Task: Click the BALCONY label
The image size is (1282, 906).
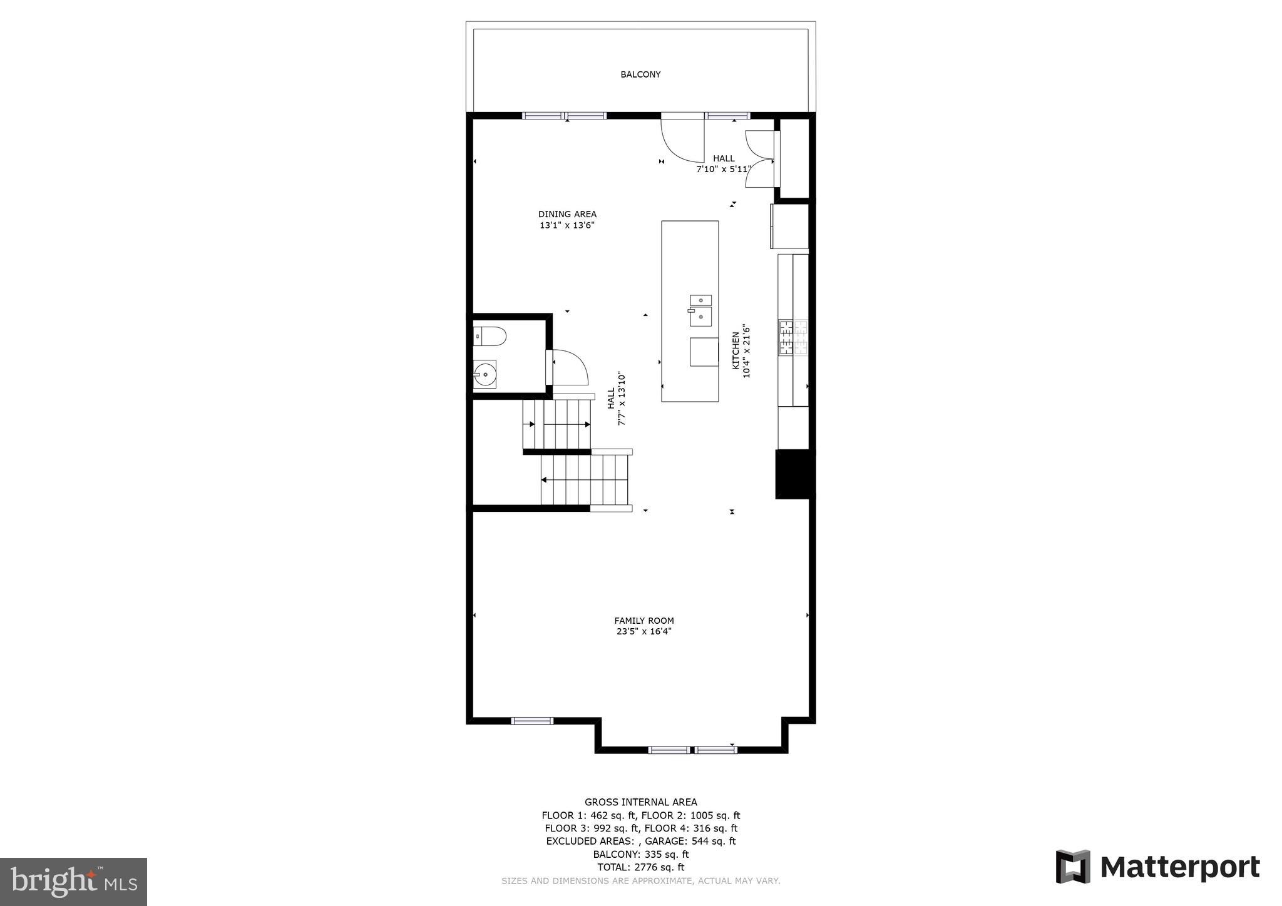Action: click(640, 74)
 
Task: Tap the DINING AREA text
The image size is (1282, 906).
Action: click(567, 214)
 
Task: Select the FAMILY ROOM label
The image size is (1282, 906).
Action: click(644, 621)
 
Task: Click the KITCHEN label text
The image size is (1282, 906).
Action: click(736, 350)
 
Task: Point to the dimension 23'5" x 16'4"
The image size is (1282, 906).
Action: click(644, 632)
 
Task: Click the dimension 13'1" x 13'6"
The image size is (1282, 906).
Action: click(567, 225)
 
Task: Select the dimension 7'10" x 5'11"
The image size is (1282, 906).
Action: click(724, 169)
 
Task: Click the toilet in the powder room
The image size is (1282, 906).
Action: click(490, 337)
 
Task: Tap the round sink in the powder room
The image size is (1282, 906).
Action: click(485, 375)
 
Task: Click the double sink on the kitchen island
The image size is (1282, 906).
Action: click(700, 310)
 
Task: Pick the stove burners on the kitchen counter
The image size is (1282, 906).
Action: click(792, 338)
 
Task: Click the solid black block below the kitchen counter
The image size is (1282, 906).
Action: click(794, 474)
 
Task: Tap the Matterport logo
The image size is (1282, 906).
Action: click(1157, 867)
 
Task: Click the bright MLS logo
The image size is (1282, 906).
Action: click(73, 882)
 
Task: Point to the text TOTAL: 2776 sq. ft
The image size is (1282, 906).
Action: click(640, 867)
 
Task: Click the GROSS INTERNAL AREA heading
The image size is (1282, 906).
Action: click(640, 802)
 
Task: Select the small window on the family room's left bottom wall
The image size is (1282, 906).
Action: click(532, 721)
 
